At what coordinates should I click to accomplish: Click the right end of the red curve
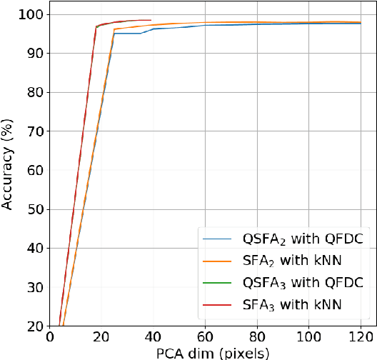tap(151, 20)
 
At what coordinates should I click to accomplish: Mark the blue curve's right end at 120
tap(361, 24)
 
